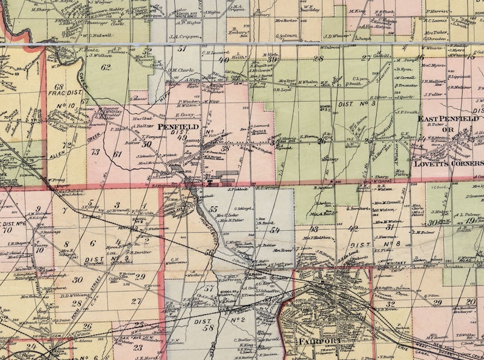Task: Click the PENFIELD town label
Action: click(x=178, y=127)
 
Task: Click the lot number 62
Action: click(x=106, y=67)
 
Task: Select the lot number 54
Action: click(x=275, y=230)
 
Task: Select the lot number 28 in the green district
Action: click(x=318, y=59)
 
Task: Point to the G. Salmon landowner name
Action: click(x=286, y=36)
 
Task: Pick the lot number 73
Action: click(x=95, y=151)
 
